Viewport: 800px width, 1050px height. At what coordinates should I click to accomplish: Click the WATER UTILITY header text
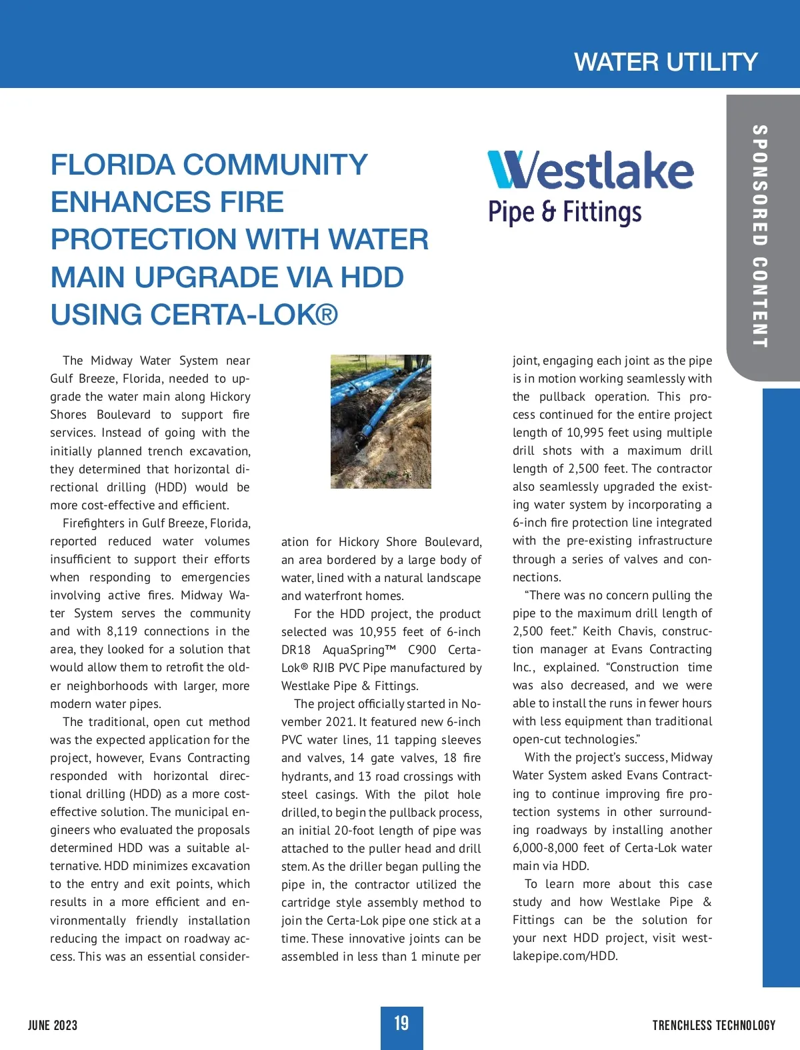(x=665, y=62)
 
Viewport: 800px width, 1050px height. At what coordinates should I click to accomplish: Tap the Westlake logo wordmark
(x=591, y=170)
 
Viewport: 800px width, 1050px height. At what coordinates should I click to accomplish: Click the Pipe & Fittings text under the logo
(x=565, y=212)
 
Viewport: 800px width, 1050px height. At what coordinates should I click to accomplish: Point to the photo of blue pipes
(x=381, y=421)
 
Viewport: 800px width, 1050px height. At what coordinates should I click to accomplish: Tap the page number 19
(x=401, y=1023)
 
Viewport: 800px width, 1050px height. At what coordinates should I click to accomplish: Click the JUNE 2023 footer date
(x=53, y=1025)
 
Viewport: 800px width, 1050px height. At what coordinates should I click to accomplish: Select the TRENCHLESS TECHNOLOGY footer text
(x=713, y=1025)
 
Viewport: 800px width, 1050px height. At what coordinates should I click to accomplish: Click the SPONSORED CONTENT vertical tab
(x=759, y=236)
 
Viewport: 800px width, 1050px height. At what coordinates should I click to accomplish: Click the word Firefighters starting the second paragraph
(x=100, y=523)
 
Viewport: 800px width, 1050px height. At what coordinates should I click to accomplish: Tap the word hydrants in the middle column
(x=305, y=777)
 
